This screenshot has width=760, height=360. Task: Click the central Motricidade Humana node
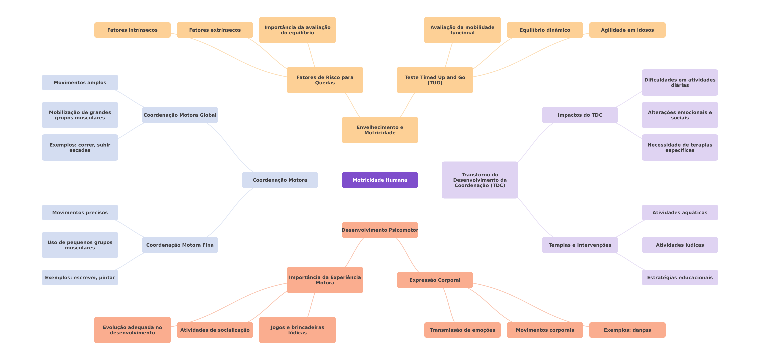(380, 180)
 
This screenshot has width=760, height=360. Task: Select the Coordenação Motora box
(280, 180)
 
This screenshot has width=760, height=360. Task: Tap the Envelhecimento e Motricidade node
(380, 130)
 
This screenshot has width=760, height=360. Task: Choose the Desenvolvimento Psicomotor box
(380, 230)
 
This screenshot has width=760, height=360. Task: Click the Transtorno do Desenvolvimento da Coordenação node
(480, 180)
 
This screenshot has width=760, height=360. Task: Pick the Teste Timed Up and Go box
(435, 80)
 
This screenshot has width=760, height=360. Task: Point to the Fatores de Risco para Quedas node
(325, 80)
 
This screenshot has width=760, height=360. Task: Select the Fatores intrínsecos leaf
(132, 30)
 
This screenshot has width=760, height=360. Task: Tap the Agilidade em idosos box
(627, 30)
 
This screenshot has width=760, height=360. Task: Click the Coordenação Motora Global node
(180, 115)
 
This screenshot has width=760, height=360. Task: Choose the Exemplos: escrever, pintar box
(80, 277)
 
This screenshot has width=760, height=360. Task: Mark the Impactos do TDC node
(580, 115)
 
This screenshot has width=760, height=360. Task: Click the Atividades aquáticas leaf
(680, 212)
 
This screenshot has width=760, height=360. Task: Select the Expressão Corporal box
(435, 280)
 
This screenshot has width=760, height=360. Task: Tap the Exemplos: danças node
(627, 330)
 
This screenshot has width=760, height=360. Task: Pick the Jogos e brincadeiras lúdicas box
(297, 330)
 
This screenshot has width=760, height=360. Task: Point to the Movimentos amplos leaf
(80, 82)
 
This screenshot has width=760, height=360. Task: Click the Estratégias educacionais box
(680, 277)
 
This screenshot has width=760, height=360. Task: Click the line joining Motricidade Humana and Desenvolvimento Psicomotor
(380, 205)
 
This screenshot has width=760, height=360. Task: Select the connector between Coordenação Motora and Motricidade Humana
(330, 180)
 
